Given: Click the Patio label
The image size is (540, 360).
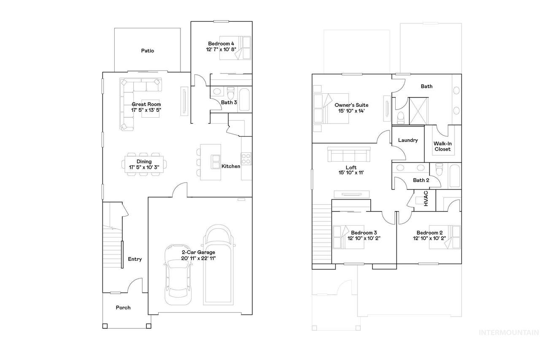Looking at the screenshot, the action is coord(148,51).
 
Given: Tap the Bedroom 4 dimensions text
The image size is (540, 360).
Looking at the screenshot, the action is coord(221,49).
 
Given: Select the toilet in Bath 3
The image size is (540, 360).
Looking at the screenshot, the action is coord(230,93).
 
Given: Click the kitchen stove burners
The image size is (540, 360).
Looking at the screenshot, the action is coord(246,159).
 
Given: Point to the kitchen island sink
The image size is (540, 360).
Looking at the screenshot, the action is coord(216,162).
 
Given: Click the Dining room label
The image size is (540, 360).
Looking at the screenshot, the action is coord(144,162).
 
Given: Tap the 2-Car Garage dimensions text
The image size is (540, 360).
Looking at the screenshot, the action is coord(198,258).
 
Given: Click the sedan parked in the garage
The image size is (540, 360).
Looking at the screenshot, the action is coord(178,275).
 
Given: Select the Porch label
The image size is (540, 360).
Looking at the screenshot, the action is coord(123,308).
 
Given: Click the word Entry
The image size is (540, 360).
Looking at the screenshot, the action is coord(135,259).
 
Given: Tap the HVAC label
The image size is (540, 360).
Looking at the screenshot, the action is coord(426,198).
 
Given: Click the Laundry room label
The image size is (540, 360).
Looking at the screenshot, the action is coord(408,140).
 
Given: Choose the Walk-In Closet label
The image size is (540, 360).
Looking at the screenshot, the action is coord(443,146).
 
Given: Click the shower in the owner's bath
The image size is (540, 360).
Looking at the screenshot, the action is coord(418,111).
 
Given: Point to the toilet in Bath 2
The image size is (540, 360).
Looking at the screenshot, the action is coord(439,170).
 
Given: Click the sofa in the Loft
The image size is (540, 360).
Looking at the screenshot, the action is coord(349,154).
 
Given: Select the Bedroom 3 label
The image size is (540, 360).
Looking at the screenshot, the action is coord(364,233).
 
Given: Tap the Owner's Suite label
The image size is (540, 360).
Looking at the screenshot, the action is coord(351,105).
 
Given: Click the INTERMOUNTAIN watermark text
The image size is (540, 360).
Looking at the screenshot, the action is coord(509,333).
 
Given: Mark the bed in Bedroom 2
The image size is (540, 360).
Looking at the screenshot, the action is coord(445,237).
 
